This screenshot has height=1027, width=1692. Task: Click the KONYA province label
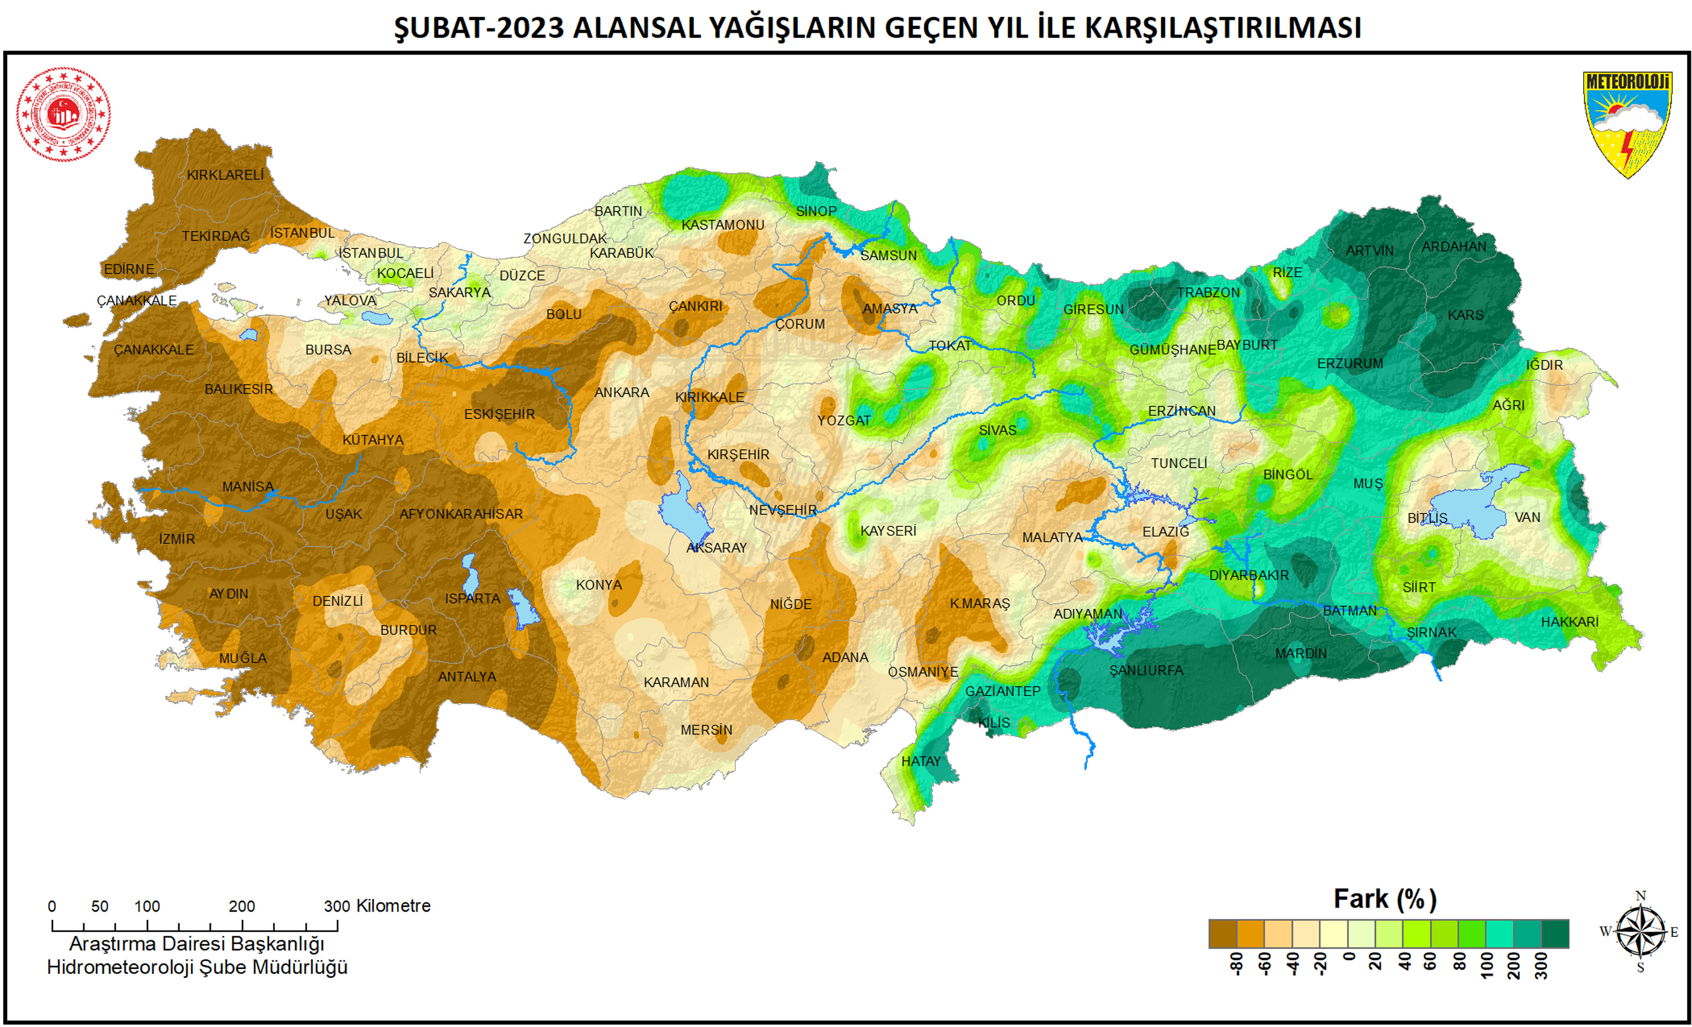(x=599, y=585)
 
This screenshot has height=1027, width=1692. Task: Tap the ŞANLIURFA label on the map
(x=1146, y=670)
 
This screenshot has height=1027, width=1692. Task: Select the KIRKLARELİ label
(x=225, y=175)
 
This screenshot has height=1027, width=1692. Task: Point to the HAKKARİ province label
(x=1569, y=622)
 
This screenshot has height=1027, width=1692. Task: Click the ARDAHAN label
(x=1454, y=246)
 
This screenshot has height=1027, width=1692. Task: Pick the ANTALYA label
(x=467, y=677)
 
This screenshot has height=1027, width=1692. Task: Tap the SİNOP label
(x=816, y=211)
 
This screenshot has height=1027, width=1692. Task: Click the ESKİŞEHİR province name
(x=499, y=414)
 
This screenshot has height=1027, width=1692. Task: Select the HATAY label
(x=921, y=761)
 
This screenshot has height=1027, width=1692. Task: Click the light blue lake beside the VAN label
(x=1476, y=504)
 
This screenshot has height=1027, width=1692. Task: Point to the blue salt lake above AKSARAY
(x=683, y=512)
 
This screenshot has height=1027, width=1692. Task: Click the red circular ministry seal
(x=63, y=114)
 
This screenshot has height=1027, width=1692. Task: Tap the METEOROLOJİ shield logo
(x=1627, y=124)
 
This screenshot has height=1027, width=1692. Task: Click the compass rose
(x=1640, y=932)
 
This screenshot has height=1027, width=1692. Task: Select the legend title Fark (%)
(x=1384, y=899)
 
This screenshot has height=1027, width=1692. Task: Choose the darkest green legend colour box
(x=1555, y=933)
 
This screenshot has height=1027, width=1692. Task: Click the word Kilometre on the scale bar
(x=393, y=906)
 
